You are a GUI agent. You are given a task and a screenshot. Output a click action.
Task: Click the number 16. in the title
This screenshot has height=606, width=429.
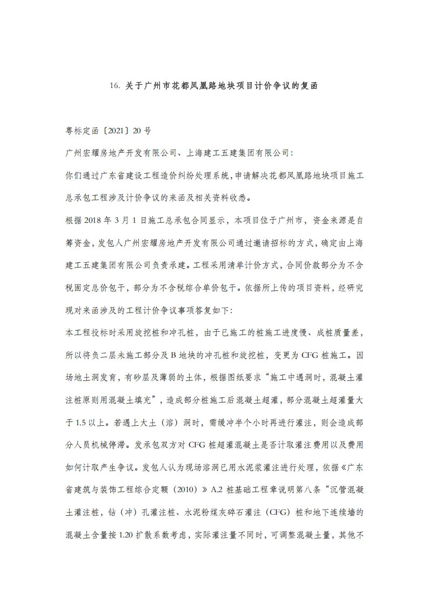click(117, 85)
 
